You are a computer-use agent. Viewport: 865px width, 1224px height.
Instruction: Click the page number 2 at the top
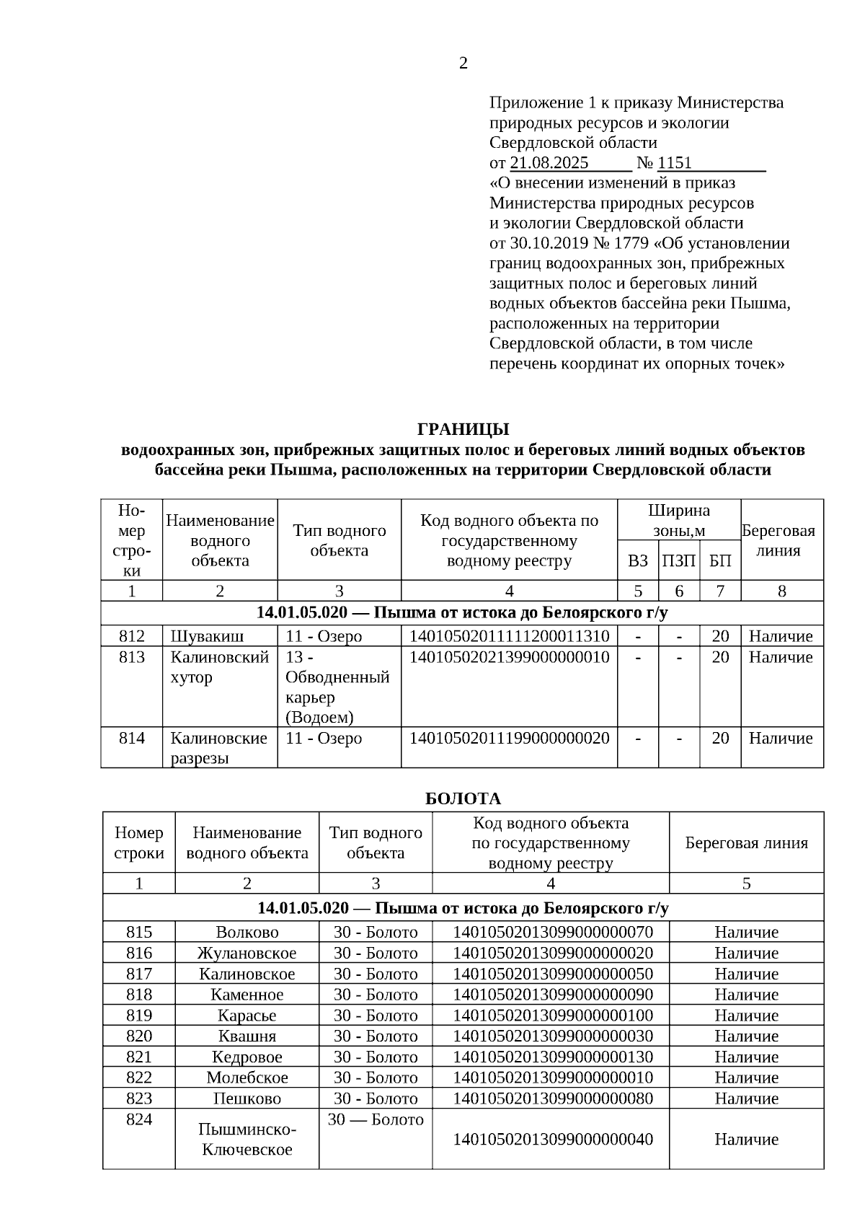tap(463, 63)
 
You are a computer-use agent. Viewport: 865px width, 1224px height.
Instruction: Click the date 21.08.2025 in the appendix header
tap(549, 163)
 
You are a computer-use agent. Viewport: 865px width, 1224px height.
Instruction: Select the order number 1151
tap(674, 163)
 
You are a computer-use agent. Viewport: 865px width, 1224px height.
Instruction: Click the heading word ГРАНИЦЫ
tap(463, 429)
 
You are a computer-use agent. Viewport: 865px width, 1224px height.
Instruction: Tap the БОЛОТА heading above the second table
tap(463, 799)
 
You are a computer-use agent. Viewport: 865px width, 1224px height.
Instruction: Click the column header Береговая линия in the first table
tap(781, 540)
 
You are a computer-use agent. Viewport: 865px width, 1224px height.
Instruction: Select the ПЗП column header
tap(678, 561)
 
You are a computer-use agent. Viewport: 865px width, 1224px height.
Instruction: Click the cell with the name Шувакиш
tap(207, 636)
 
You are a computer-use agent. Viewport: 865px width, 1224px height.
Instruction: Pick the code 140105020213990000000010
tap(509, 657)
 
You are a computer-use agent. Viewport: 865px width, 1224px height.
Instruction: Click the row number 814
tap(132, 739)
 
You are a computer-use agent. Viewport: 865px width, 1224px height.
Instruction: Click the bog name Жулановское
tap(247, 953)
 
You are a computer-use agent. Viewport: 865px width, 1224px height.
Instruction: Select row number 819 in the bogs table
tap(139, 1016)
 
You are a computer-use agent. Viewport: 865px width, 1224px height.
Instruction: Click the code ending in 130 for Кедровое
tap(551, 1057)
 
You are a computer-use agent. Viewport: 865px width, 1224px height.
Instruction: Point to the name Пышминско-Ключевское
tap(247, 1140)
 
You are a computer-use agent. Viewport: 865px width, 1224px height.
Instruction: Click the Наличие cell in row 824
tap(746, 1140)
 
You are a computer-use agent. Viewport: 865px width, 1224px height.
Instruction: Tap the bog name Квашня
tap(247, 1036)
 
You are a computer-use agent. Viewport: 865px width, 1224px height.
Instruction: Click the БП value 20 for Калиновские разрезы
tap(720, 739)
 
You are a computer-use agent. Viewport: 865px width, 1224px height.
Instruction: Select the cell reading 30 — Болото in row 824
tap(376, 1120)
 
